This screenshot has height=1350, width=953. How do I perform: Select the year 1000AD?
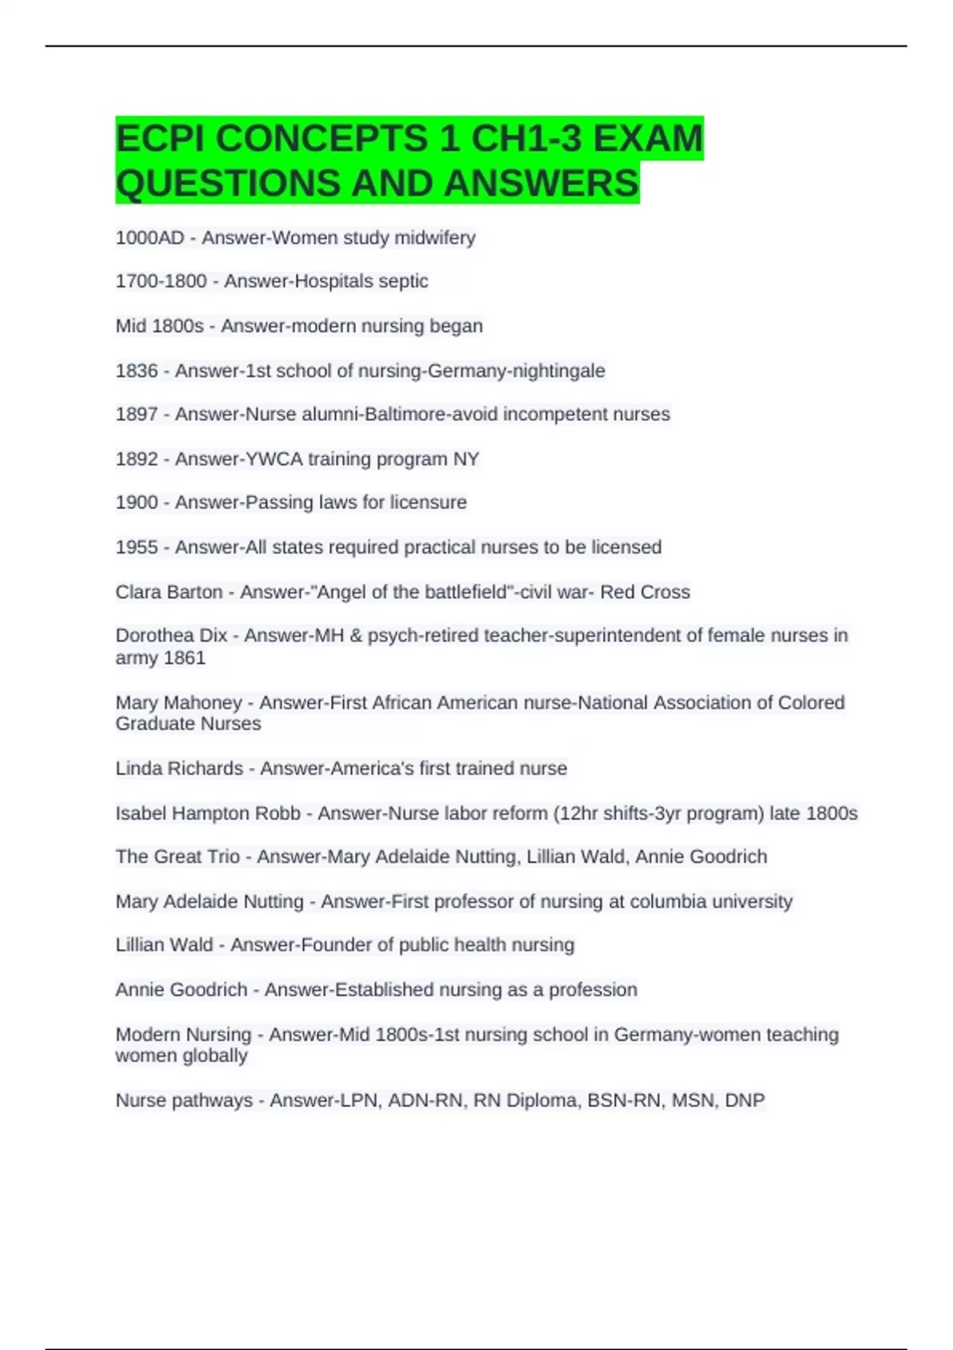pos(149,237)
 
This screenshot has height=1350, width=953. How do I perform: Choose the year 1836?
pos(137,371)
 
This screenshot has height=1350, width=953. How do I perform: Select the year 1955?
pos(137,547)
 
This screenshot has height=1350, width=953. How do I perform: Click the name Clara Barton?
pos(169,592)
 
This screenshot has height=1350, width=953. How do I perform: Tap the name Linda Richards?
pos(179,769)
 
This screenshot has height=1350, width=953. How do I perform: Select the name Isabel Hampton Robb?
pos(208,813)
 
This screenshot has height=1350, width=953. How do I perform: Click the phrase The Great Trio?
pos(177,857)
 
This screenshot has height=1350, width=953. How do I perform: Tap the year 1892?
pos(137,459)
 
